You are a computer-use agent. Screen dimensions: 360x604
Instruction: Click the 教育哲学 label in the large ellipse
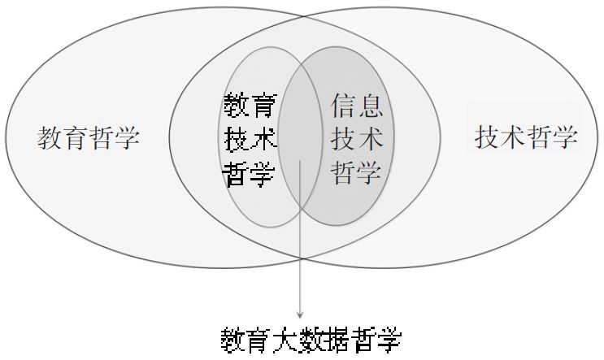coord(89,138)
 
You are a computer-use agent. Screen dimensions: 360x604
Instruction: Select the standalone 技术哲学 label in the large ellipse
coord(526,137)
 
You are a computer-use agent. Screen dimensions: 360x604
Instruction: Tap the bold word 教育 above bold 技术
coord(250,106)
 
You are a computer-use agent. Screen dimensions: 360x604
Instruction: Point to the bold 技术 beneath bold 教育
coord(250,140)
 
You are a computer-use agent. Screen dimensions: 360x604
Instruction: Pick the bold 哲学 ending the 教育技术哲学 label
coord(250,173)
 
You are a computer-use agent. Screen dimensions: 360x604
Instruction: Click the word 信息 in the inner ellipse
coord(357,106)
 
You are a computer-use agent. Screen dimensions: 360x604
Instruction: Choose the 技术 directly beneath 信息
coord(357,139)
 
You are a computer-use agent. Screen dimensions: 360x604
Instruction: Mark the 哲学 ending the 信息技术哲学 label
coord(357,172)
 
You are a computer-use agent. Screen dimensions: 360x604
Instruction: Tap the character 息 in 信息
coord(371,106)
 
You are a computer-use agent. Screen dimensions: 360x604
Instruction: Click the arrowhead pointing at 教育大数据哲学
coord(302,314)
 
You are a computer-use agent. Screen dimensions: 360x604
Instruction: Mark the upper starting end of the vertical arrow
coord(302,161)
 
